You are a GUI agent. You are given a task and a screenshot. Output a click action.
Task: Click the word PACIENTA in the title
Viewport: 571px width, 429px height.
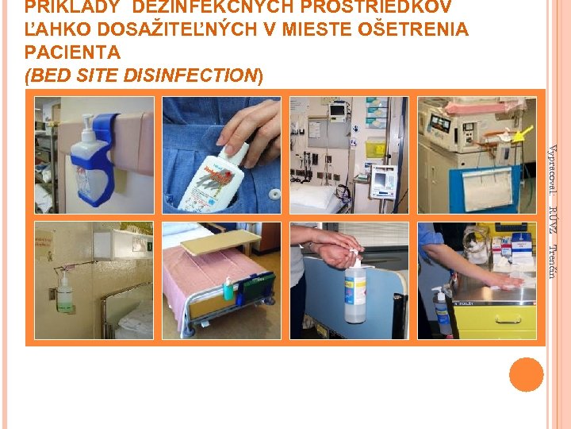pyautogui.click(x=72, y=52)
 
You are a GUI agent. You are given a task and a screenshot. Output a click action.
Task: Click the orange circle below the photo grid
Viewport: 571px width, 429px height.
pyautogui.click(x=526, y=374)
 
